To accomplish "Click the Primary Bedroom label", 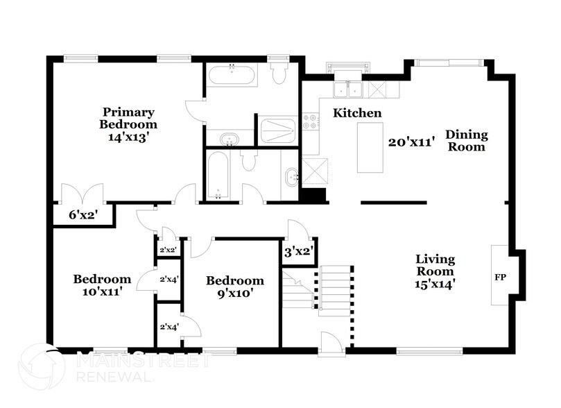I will [129, 118].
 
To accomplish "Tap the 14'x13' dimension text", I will [129, 137].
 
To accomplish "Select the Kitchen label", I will [357, 112].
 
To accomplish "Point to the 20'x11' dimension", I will [411, 142].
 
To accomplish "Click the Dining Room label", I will [466, 140].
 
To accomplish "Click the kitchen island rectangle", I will [370, 147].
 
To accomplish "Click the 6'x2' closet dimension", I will [81, 215].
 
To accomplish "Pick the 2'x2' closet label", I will [168, 249].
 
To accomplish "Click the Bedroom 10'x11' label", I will [102, 285].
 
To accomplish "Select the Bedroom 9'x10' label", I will [235, 287].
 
